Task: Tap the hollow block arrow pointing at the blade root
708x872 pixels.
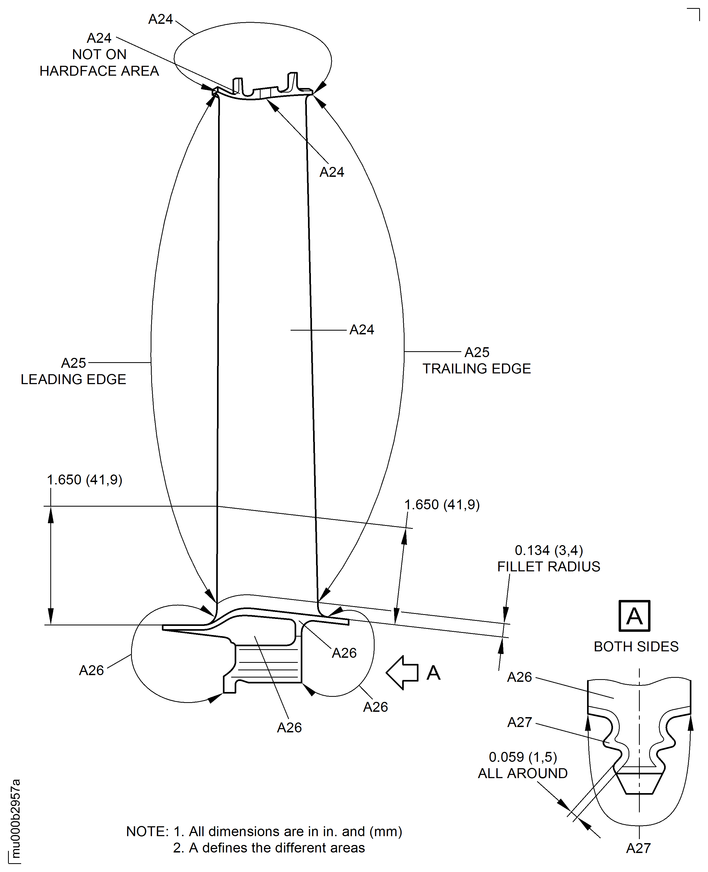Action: (x=402, y=673)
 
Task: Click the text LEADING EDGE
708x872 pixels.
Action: (x=73, y=380)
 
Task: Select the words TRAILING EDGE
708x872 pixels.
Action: (x=476, y=369)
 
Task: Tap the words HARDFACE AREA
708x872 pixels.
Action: (x=99, y=71)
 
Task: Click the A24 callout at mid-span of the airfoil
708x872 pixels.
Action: (x=362, y=330)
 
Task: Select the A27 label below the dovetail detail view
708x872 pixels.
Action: (x=638, y=848)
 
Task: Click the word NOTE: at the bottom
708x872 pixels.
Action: (x=147, y=832)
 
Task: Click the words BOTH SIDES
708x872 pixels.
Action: (x=636, y=647)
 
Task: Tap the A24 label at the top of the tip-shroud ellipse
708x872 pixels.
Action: (x=160, y=19)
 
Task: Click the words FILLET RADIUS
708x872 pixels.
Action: (x=549, y=567)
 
